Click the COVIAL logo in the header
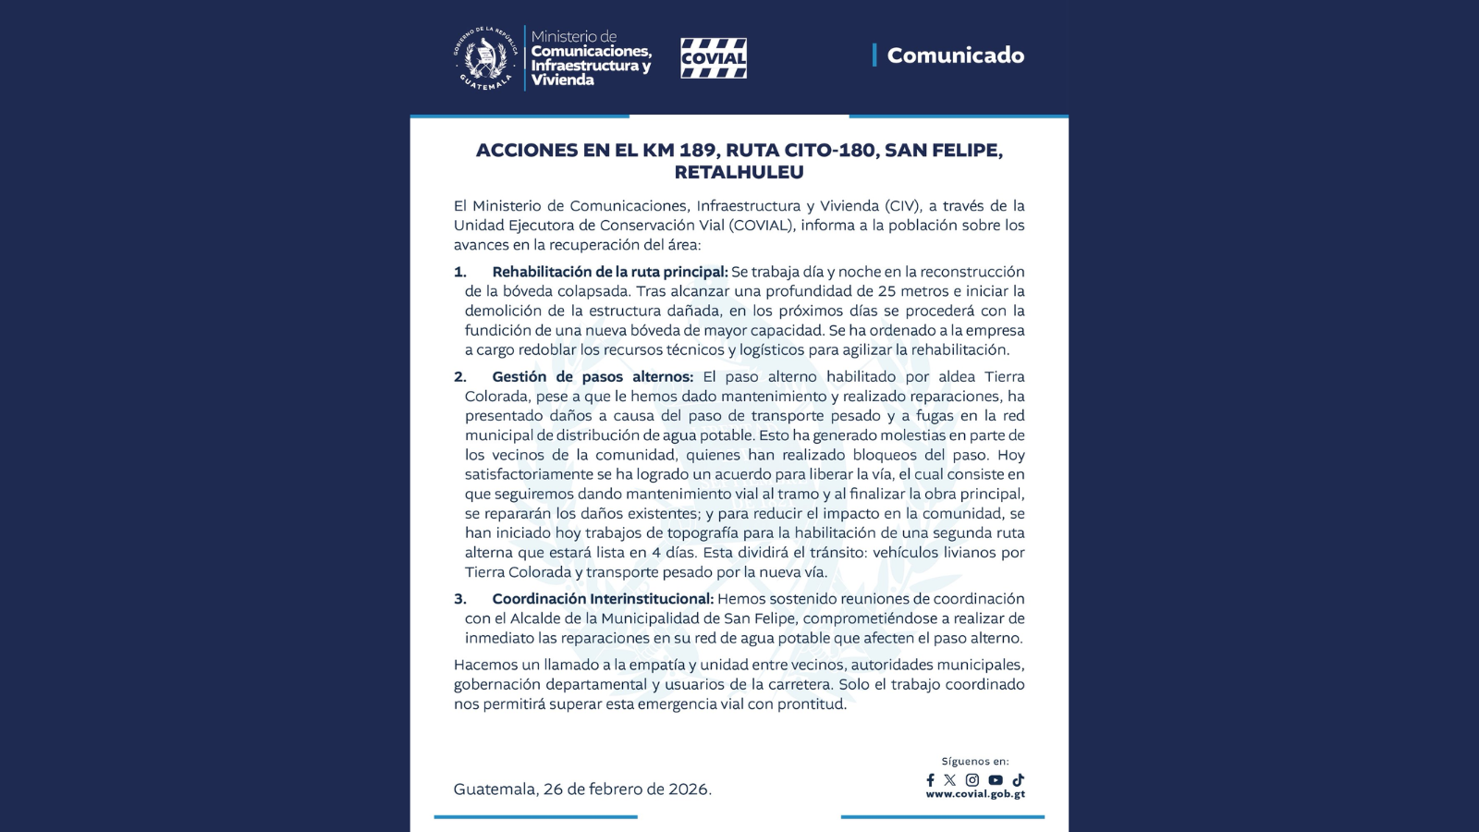(x=713, y=58)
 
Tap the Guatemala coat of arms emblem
(x=484, y=57)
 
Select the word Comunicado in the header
(x=955, y=55)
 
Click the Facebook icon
(x=930, y=780)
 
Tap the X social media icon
(x=949, y=780)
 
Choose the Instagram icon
(x=972, y=780)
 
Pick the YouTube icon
(x=995, y=780)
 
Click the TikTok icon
(x=1018, y=780)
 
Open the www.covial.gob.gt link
(x=974, y=794)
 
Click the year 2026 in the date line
(x=689, y=789)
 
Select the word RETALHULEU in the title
(x=739, y=173)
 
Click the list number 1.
(x=459, y=272)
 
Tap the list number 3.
(x=459, y=599)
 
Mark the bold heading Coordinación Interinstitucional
(x=603, y=599)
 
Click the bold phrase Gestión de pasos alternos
(x=593, y=377)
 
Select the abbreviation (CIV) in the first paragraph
(x=901, y=206)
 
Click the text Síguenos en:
(x=974, y=762)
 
